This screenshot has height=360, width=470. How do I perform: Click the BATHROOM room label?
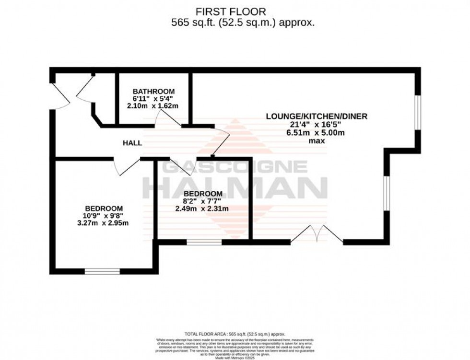pos(153,91)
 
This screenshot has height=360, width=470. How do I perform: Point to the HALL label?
pos(132,143)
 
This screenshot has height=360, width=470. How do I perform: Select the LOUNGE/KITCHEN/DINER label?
pos(317,116)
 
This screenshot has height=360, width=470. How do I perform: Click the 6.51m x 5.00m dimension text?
pos(317,133)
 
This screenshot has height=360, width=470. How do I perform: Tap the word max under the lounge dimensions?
pos(317,141)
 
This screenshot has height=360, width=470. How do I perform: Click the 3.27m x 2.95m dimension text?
pos(104,223)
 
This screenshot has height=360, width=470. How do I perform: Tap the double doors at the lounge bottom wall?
pos(317,235)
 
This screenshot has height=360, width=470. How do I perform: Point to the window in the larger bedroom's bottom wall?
pos(102,271)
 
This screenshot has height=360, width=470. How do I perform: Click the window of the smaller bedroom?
pos(204,243)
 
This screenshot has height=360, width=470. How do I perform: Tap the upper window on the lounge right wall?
pos(418,112)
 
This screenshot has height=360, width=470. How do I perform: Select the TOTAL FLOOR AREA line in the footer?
pos(235,334)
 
